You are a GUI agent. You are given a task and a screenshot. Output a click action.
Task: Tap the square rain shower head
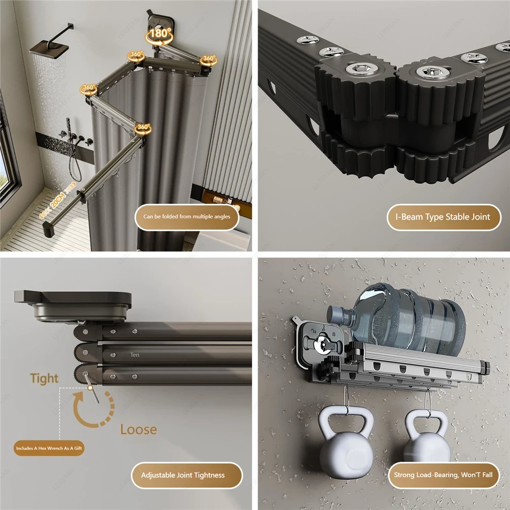[x=49, y=49]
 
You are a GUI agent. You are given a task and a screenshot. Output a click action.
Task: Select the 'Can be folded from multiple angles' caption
[x=187, y=216]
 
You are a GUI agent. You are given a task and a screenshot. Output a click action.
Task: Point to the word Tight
[x=44, y=378]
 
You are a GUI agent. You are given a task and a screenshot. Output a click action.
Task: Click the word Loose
[x=138, y=429]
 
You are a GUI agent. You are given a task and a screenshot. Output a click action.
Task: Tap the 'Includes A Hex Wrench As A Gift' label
[x=49, y=448]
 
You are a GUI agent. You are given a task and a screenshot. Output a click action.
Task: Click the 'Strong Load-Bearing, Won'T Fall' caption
[x=443, y=475]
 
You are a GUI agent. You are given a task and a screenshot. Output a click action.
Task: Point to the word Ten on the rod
[x=135, y=355]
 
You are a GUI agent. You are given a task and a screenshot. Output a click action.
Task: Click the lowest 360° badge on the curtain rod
[x=142, y=127]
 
